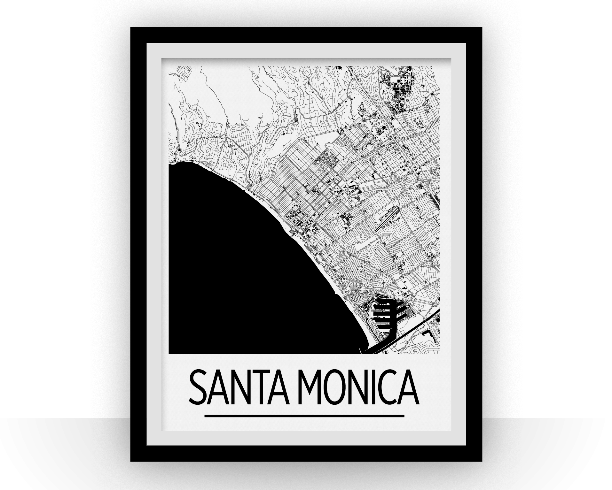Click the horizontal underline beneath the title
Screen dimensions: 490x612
click(304, 416)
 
